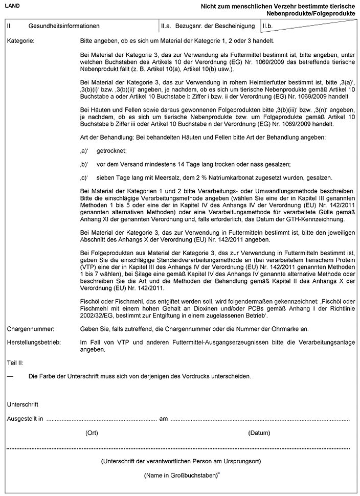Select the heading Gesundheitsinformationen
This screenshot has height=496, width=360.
click(64, 25)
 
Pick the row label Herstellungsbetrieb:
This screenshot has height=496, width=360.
click(33, 341)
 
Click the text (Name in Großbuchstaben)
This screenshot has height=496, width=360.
click(177, 476)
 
